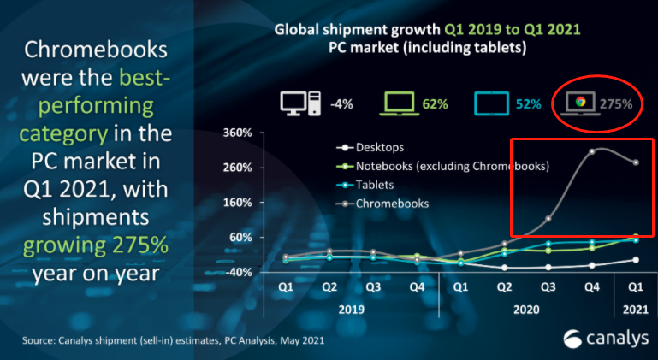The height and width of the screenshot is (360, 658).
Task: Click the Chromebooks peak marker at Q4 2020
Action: (x=591, y=151)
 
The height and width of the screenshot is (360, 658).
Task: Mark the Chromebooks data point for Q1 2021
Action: (x=636, y=162)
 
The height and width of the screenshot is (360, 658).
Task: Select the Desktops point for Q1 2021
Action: (x=636, y=260)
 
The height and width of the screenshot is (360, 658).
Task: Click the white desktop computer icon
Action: (x=300, y=104)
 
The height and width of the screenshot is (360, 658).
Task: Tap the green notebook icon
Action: (x=400, y=104)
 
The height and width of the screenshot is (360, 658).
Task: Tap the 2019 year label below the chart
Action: (x=352, y=309)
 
